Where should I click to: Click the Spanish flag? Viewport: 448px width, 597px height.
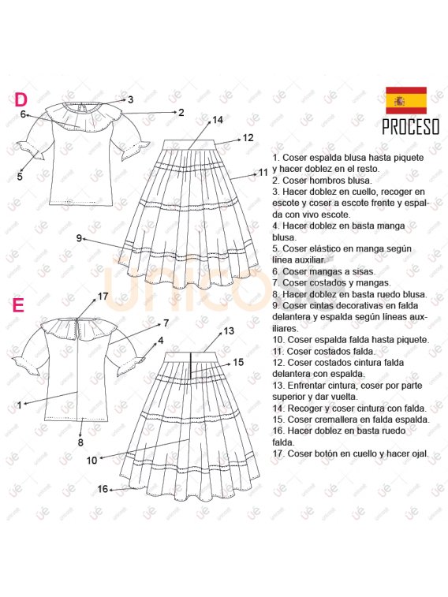pos(406,100)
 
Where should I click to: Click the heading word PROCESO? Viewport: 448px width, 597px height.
pos(411,127)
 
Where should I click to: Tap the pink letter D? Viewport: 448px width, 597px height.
pos(21,99)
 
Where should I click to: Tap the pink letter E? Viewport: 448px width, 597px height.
pos(18,305)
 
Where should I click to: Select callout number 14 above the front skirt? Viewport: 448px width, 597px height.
pos(218,120)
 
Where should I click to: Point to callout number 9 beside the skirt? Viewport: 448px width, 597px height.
pos(79,238)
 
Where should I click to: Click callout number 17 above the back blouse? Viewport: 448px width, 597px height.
pos(103,296)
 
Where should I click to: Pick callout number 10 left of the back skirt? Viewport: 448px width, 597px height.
pos(91,461)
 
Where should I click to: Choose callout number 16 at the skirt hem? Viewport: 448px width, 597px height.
pos(103,489)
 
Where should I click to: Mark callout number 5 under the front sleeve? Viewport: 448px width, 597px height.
pos(20,177)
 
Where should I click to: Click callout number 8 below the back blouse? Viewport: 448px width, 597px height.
pos(80,442)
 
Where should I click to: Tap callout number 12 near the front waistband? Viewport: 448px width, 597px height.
pos(248,138)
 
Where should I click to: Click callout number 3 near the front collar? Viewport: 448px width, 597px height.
pos(131,99)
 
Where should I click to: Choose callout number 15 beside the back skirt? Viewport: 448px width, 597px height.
pos(238,362)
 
